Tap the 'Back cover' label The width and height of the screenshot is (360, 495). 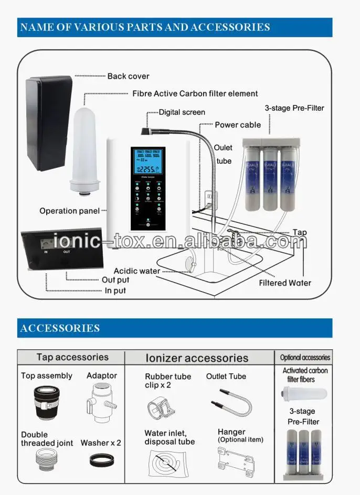128,76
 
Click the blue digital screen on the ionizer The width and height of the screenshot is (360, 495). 149,164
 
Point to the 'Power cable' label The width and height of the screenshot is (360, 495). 238,125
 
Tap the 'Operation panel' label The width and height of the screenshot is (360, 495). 69,211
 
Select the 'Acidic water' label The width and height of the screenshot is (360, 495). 137,271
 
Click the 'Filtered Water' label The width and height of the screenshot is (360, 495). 285,283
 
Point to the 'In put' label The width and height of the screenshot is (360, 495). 115,290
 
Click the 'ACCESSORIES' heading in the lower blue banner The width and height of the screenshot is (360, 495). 60,328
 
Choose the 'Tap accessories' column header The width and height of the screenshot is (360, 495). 72,357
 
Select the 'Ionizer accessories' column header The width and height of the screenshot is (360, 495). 196,358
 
